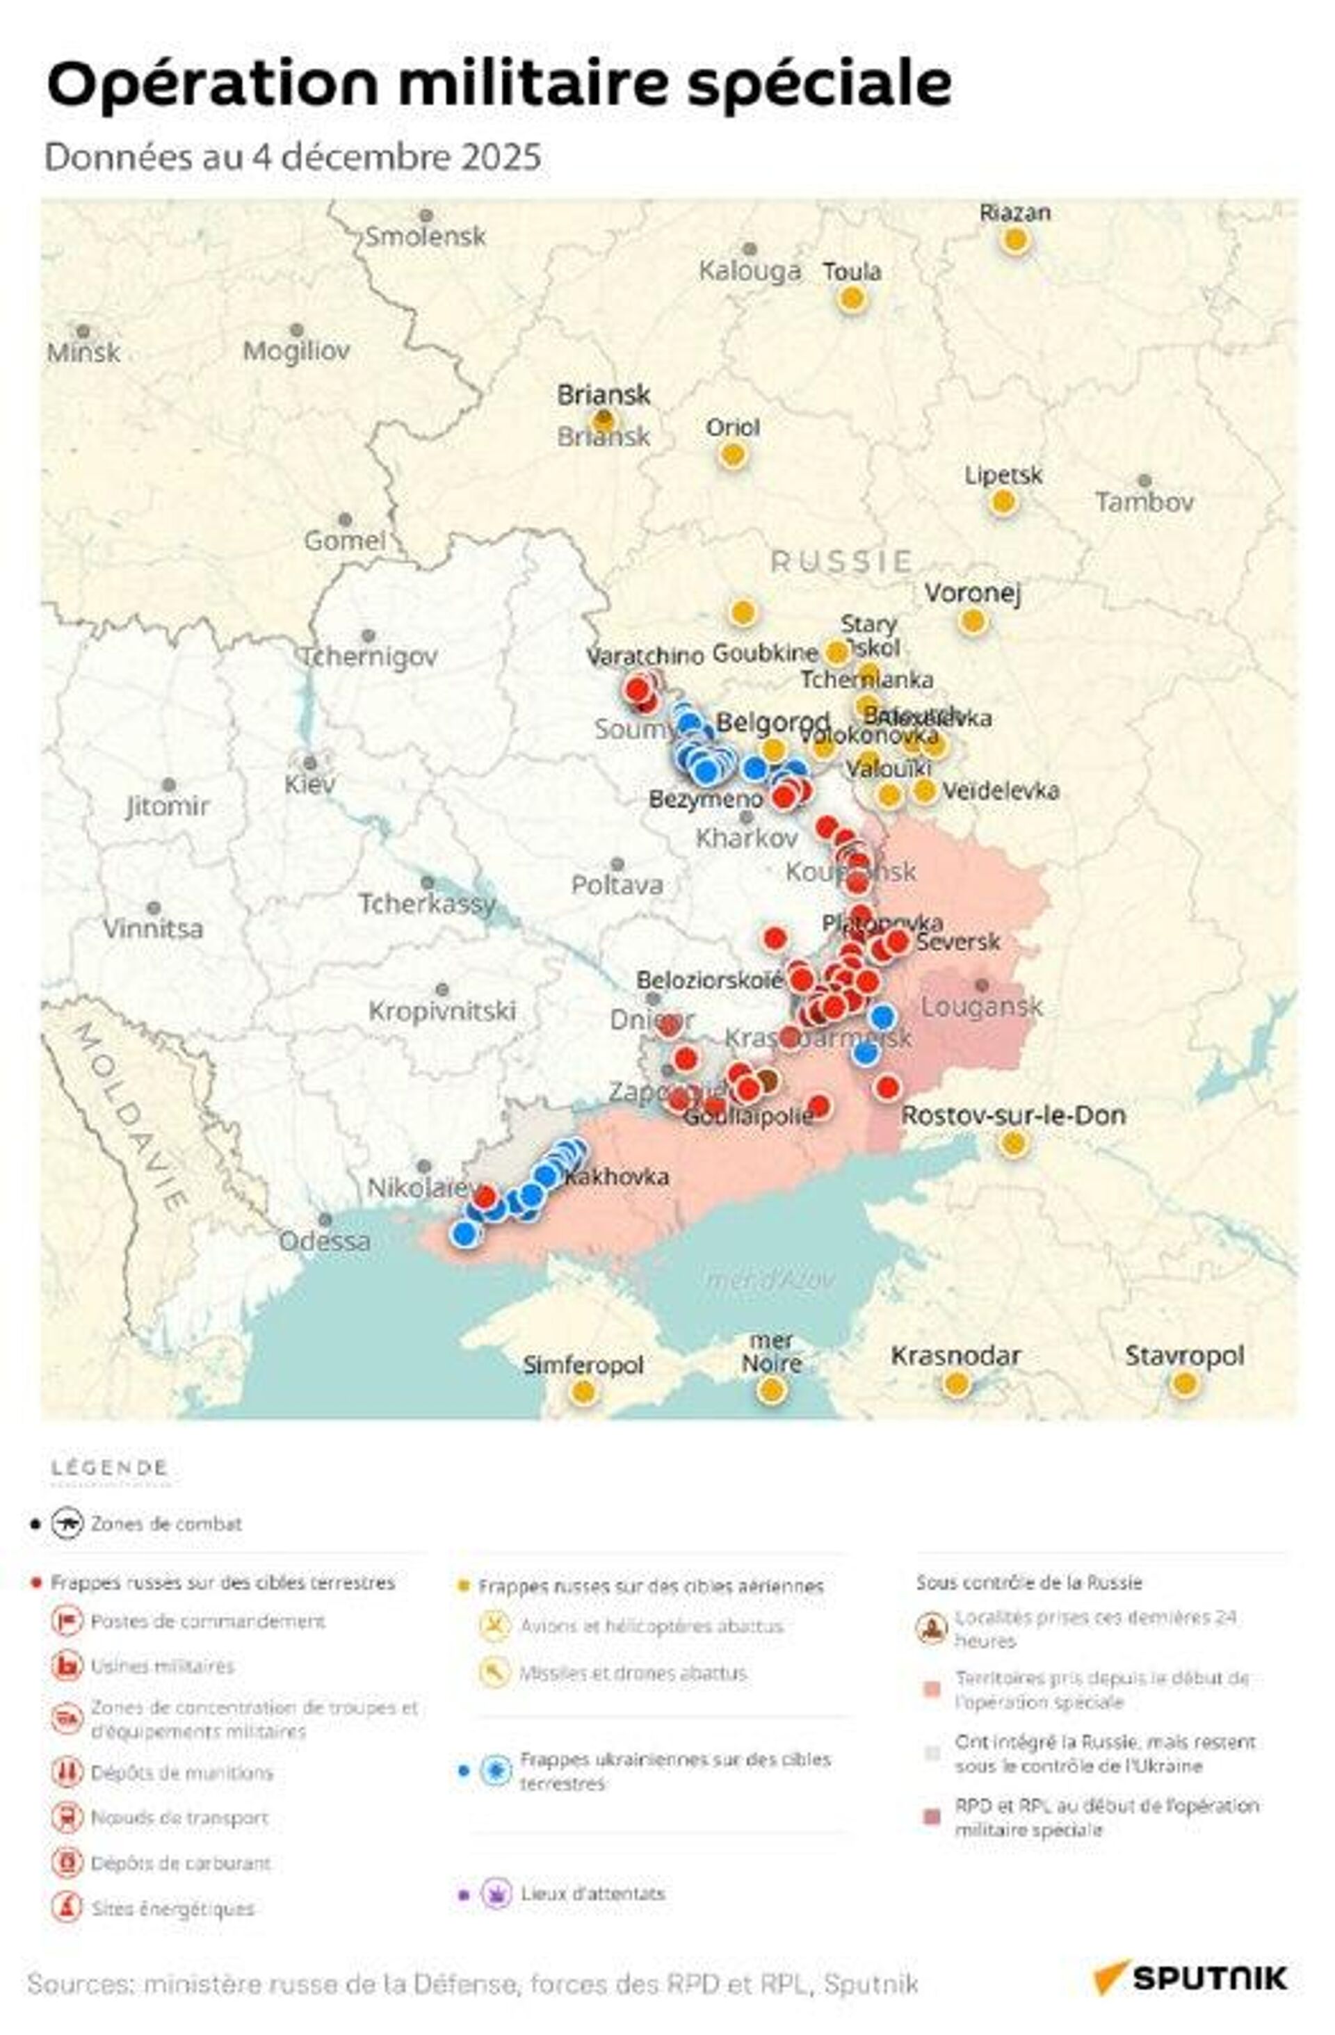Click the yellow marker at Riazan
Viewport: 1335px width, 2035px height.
pyautogui.click(x=1014, y=241)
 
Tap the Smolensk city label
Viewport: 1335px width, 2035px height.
pyautogui.click(x=425, y=236)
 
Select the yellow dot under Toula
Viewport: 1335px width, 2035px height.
pyautogui.click(x=852, y=299)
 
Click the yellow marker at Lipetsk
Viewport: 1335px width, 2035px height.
pyautogui.click(x=1003, y=502)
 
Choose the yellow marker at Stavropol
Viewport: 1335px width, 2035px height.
pyautogui.click(x=1183, y=1383)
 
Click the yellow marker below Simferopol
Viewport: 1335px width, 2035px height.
pyautogui.click(x=583, y=1391)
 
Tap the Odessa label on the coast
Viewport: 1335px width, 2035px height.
pyautogui.click(x=324, y=1240)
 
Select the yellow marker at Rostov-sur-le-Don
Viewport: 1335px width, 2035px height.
pyautogui.click(x=1012, y=1142)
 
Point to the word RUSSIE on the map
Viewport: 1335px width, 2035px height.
pyautogui.click(x=841, y=562)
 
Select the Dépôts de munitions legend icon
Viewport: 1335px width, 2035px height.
pyautogui.click(x=67, y=1772)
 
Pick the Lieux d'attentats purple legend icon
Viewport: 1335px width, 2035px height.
pyautogui.click(x=495, y=1893)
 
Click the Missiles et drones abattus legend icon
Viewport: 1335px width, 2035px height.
pyautogui.click(x=494, y=1673)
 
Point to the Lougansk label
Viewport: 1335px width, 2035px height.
pyautogui.click(x=981, y=1007)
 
